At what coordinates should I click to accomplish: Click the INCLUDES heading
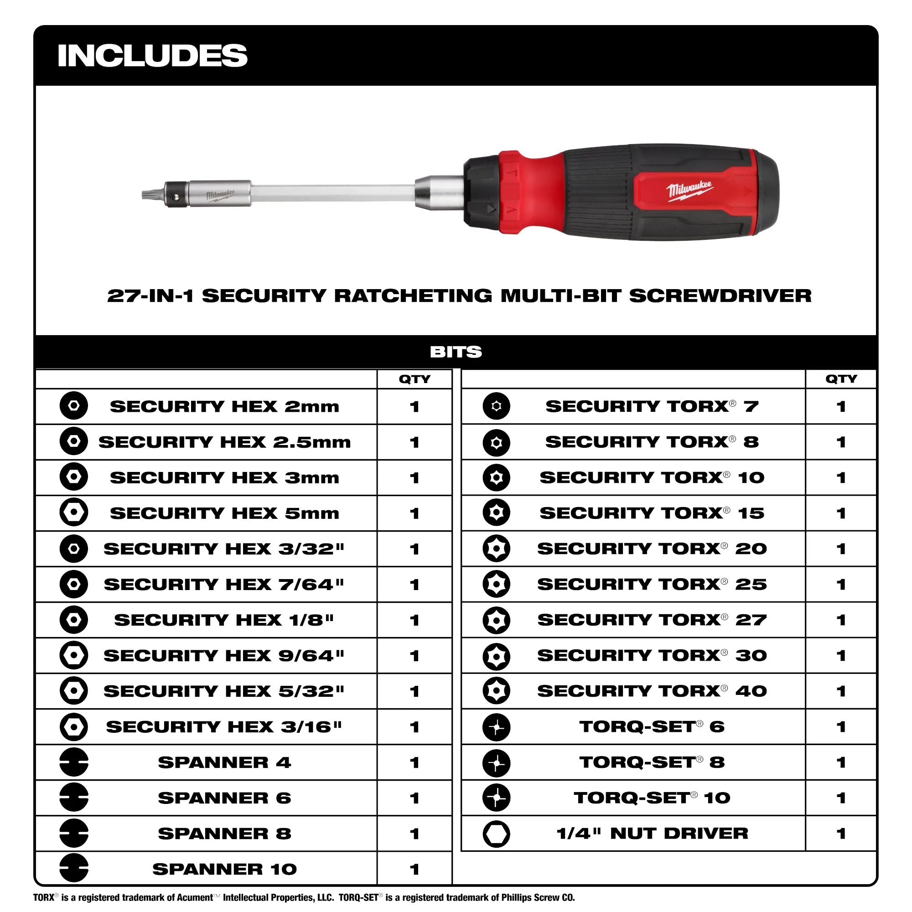[152, 55]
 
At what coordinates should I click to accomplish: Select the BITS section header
[456, 352]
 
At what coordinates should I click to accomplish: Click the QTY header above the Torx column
[841, 379]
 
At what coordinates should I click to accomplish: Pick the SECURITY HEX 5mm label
[225, 513]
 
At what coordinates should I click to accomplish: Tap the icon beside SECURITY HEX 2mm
[73, 405]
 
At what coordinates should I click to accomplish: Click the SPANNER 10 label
[225, 869]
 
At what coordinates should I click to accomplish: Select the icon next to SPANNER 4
[73, 762]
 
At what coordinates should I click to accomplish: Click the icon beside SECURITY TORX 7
[497, 406]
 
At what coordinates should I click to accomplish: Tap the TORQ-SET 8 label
[652, 762]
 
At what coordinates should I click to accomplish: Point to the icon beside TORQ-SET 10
[497, 798]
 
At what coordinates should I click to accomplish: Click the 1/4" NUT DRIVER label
[652, 834]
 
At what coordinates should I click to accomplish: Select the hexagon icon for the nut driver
[497, 834]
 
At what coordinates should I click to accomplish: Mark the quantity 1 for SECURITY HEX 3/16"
[415, 727]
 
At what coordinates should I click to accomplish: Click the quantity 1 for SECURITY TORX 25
[841, 585]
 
